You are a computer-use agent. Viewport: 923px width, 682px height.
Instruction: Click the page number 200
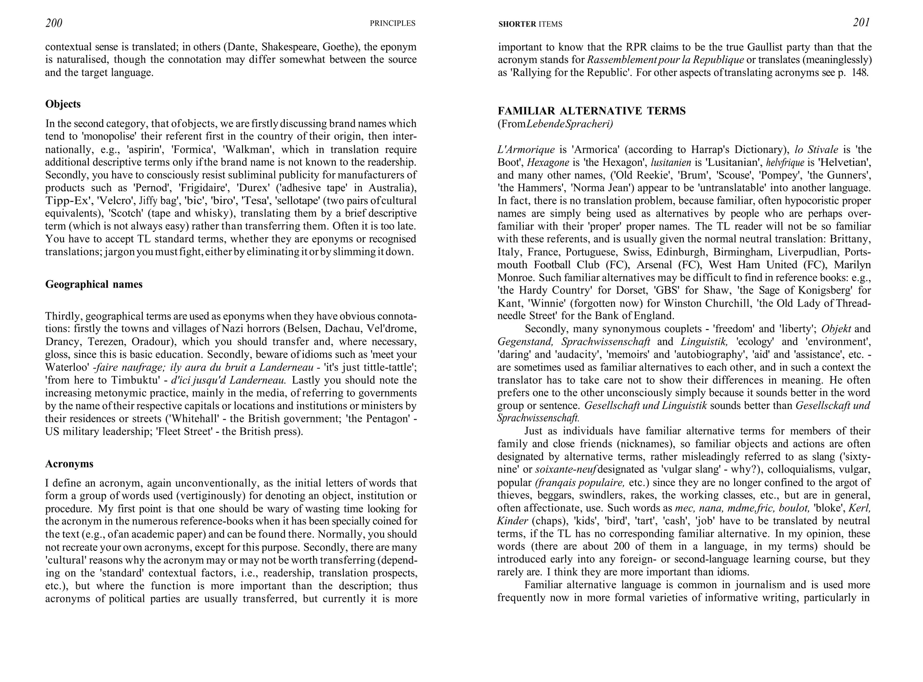pyautogui.click(x=54, y=23)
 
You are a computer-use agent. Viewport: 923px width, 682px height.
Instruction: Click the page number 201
pyautogui.click(x=861, y=23)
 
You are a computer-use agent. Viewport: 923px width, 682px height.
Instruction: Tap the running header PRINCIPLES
pyautogui.click(x=392, y=23)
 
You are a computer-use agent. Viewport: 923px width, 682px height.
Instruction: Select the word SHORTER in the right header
pyautogui.click(x=517, y=24)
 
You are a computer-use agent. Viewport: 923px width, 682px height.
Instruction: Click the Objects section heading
pyautogui.click(x=63, y=104)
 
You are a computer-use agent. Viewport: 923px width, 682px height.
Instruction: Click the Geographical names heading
pyautogui.click(x=94, y=284)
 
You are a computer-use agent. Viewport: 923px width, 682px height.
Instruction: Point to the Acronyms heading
pyautogui.click(x=69, y=464)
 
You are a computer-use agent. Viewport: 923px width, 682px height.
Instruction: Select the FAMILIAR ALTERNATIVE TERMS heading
pyautogui.click(x=591, y=111)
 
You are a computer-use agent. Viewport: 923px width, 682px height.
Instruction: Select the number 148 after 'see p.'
pyautogui.click(x=859, y=73)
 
